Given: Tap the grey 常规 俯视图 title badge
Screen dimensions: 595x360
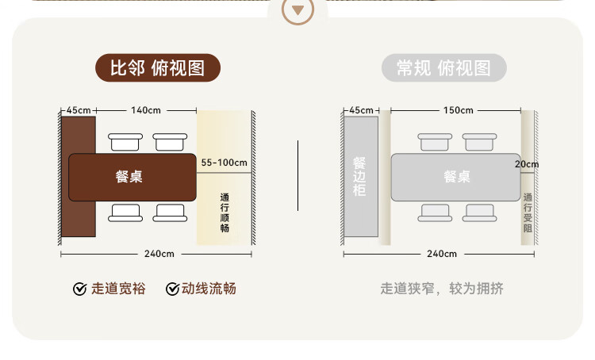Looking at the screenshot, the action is [443, 68].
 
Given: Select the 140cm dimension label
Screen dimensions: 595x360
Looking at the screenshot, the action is [147, 109].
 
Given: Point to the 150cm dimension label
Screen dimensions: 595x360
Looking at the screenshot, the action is [458, 109].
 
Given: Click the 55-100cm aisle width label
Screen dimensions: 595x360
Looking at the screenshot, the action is [225, 163].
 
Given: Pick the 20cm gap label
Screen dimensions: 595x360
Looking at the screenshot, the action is [526, 164].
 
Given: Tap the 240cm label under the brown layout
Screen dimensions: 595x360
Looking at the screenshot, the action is [159, 254].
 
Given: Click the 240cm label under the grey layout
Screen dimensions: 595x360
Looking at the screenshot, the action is [442, 254].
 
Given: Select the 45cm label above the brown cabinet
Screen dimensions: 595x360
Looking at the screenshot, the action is [79, 109].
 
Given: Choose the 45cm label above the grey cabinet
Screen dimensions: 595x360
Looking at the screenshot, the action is [361, 109].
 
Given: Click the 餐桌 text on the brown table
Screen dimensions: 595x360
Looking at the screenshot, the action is [129, 177].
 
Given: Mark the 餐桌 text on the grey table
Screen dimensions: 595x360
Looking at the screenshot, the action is [457, 177].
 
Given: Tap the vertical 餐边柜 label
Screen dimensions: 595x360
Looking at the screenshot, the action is [359, 176].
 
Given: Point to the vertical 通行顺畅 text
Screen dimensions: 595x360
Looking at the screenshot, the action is [225, 212].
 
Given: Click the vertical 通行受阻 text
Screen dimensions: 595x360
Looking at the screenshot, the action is [528, 212].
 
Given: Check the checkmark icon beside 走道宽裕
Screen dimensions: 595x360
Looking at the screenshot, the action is [79, 289].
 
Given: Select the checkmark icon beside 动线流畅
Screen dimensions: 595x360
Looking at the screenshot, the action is [172, 289].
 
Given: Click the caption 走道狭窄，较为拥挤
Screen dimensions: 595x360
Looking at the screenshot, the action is [442, 289].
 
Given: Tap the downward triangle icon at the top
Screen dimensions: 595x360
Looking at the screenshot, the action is [297, 10].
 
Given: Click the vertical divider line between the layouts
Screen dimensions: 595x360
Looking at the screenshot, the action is [297, 176].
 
